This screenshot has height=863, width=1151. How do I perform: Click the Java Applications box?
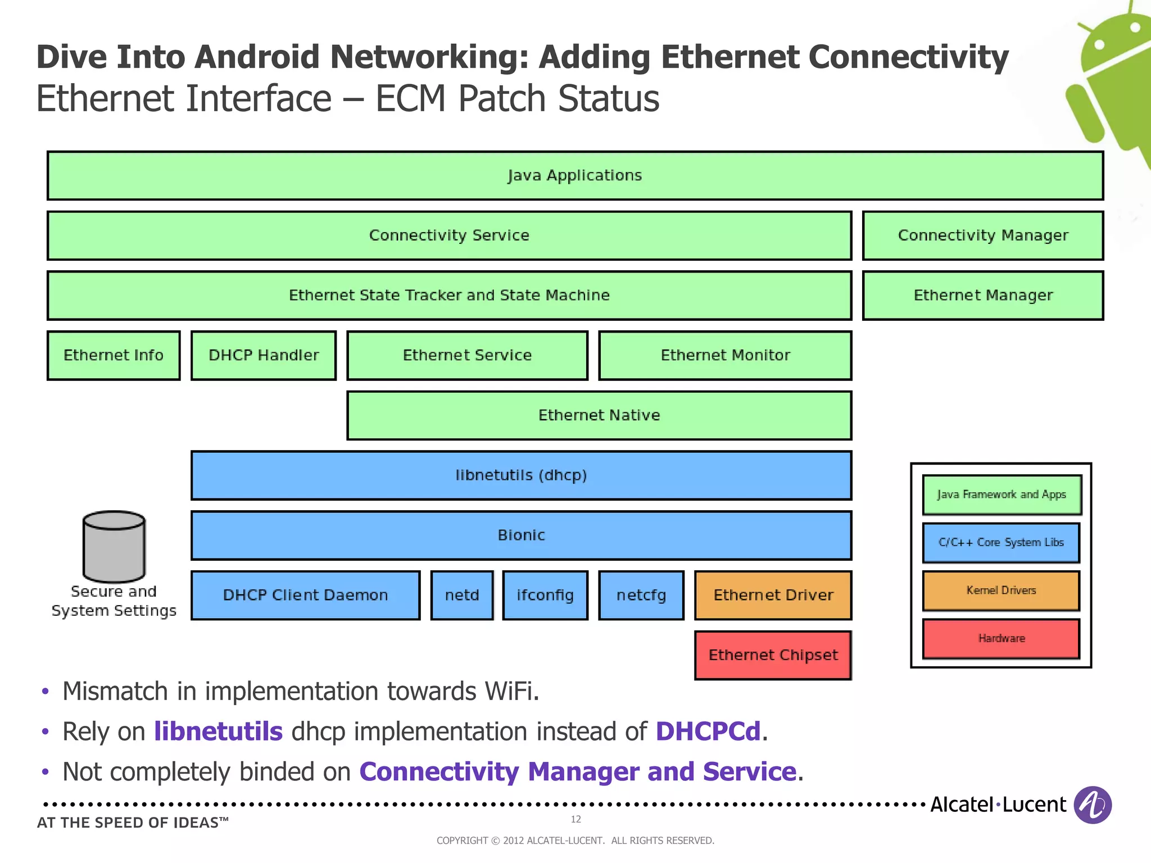pos(575,175)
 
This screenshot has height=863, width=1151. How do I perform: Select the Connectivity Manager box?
pos(982,235)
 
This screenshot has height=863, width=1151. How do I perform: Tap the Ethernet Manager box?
pos(982,296)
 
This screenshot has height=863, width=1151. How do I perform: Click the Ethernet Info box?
pos(114,355)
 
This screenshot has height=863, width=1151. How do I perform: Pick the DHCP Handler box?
pos(264,355)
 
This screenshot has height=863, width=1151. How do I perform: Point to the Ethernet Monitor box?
pos(725,355)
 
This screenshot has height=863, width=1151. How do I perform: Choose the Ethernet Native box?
pos(599,415)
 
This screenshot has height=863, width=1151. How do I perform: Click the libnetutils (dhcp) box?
pos(521,475)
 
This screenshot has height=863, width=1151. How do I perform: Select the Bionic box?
pos(521,535)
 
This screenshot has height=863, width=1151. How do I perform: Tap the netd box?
pos(462,595)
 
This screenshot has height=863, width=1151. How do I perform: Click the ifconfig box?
pos(545,595)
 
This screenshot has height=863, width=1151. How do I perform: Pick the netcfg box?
pos(641,595)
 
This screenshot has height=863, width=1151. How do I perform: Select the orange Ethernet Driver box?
pos(773,595)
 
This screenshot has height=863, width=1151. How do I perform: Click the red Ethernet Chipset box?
pos(773,655)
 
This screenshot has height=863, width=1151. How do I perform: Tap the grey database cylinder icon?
pos(114,547)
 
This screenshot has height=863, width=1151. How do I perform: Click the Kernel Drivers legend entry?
pos(1001,591)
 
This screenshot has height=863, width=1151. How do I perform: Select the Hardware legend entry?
pos(1001,638)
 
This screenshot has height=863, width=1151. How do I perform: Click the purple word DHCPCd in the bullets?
pos(708,732)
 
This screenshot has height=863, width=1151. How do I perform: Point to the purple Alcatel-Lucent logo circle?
pos(1092,805)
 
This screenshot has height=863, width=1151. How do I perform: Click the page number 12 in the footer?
pos(575,819)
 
